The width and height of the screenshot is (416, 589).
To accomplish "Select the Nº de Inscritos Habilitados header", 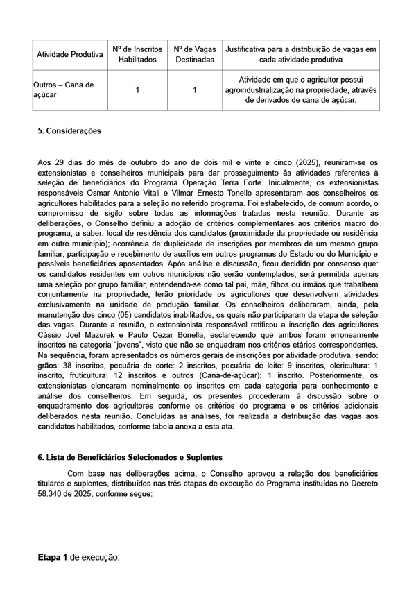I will point(137,55).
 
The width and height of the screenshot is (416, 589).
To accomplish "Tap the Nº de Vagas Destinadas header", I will point(195,55).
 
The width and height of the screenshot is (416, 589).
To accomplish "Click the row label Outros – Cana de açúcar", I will point(63,89).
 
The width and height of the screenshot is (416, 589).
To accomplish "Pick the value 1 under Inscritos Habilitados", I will point(137,89).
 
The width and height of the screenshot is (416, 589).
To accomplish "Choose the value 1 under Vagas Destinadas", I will point(195,89).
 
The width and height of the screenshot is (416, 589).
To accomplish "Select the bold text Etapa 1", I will point(53,557).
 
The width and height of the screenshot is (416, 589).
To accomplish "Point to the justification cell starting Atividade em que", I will point(301,89).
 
